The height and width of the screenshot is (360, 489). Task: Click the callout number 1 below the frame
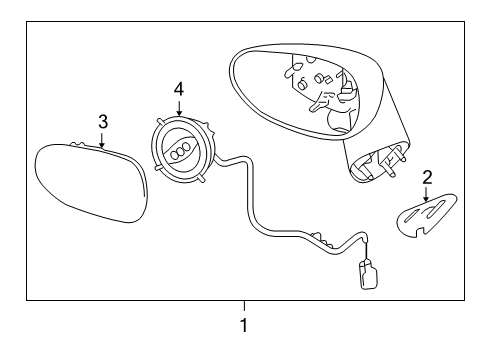point(243,325)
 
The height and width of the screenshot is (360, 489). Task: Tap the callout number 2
point(427,178)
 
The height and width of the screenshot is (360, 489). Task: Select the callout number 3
point(102,122)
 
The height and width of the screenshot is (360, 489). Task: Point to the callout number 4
point(178,89)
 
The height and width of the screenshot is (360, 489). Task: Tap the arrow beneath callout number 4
point(178,106)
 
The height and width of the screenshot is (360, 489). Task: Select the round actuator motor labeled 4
point(185,150)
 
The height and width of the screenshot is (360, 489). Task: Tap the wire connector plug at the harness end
point(367,275)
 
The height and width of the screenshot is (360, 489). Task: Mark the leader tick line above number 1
point(243,305)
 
